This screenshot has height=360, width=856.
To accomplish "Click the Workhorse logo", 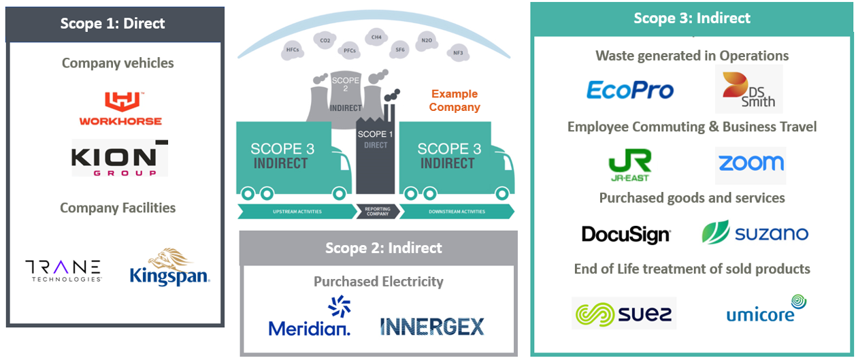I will coord(120,109).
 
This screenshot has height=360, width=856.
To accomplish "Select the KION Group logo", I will coord(120,159).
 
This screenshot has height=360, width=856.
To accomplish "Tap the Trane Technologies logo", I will coord(63,269).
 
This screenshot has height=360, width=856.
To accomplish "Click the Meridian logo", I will coord(310,318).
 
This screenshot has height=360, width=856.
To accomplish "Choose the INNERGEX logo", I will coord(432,326).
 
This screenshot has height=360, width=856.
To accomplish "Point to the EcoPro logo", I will coord(630,90).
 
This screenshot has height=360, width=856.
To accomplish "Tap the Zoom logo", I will coord(751,164).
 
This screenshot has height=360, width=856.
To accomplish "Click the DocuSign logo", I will coord(626,235).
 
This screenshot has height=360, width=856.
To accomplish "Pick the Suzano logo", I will coord(755,233).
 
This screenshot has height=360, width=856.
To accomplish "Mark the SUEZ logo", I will coord(623,313).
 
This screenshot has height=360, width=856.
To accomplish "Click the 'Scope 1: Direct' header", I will coord(113,23).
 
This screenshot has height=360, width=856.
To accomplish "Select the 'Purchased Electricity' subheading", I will coord(378,281).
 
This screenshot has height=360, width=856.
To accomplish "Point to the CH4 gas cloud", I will coord(376,37).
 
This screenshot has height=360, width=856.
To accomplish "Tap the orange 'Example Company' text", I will coord(455,101).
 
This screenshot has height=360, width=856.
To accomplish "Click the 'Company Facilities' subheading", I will coord(118,208).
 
